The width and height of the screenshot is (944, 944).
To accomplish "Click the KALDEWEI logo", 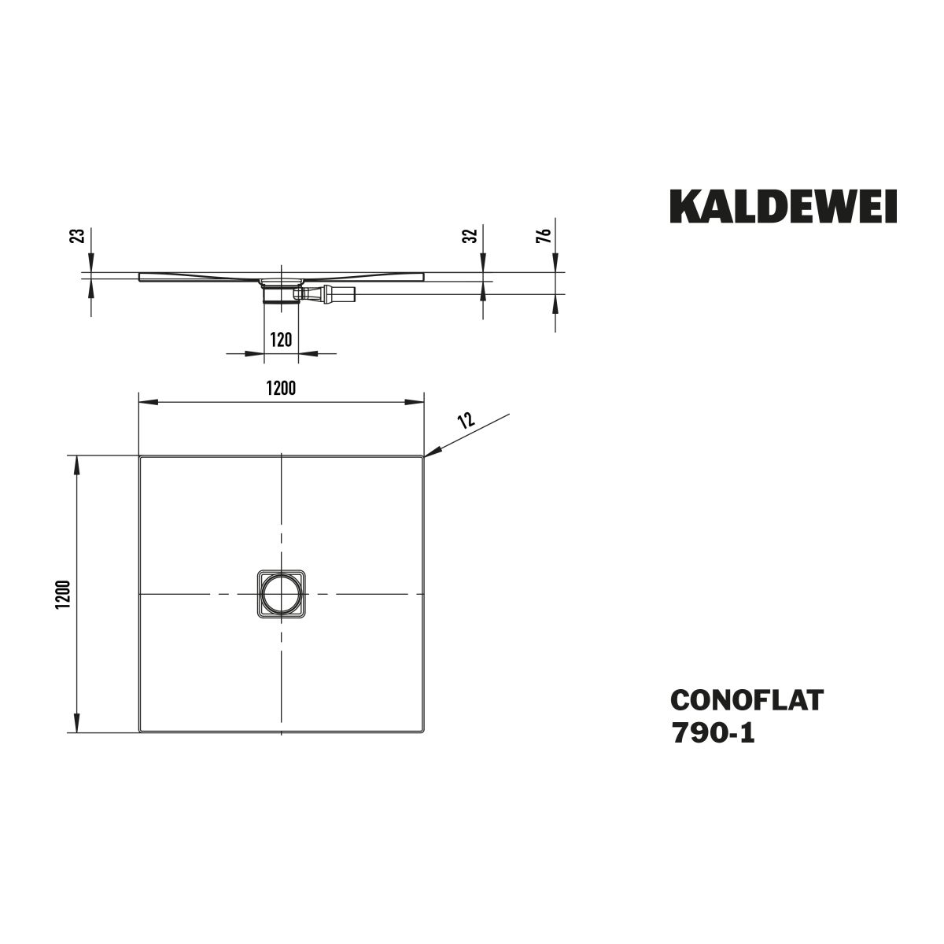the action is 784,206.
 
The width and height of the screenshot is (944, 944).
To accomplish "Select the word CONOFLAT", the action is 747,700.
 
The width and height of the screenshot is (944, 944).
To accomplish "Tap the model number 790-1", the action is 714,734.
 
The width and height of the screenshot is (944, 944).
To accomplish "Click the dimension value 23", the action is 79,236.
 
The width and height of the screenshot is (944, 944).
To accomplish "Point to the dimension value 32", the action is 470,236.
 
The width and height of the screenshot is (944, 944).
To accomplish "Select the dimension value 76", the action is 544,236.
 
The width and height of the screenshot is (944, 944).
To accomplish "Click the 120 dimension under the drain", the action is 281,340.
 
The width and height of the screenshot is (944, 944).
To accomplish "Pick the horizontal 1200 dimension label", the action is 281,389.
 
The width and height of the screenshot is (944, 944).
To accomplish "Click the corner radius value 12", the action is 466,420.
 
